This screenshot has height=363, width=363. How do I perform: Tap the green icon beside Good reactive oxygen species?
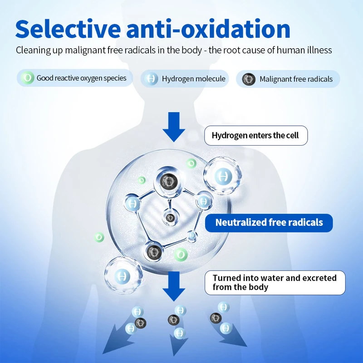point(28,78)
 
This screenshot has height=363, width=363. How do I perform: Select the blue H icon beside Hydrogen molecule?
point(152,79)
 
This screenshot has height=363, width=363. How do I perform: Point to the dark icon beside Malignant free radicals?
point(249,79)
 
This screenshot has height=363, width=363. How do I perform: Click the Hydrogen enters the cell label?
point(255,136)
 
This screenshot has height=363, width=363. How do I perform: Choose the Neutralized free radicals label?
point(269,223)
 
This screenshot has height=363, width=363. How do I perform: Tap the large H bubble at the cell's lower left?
point(121,275)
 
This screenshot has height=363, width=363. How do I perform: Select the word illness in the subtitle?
point(320,50)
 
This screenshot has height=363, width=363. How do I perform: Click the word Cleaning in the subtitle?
point(33,50)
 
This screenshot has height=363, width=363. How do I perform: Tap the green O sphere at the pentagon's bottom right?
point(181,255)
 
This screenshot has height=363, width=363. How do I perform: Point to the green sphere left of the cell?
point(99,237)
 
